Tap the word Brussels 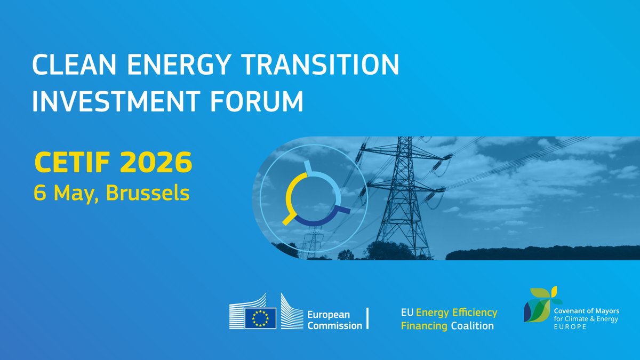tap(148, 193)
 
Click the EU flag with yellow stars tap(260, 318)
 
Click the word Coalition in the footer tap(472, 326)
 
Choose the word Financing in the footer tap(424, 326)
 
